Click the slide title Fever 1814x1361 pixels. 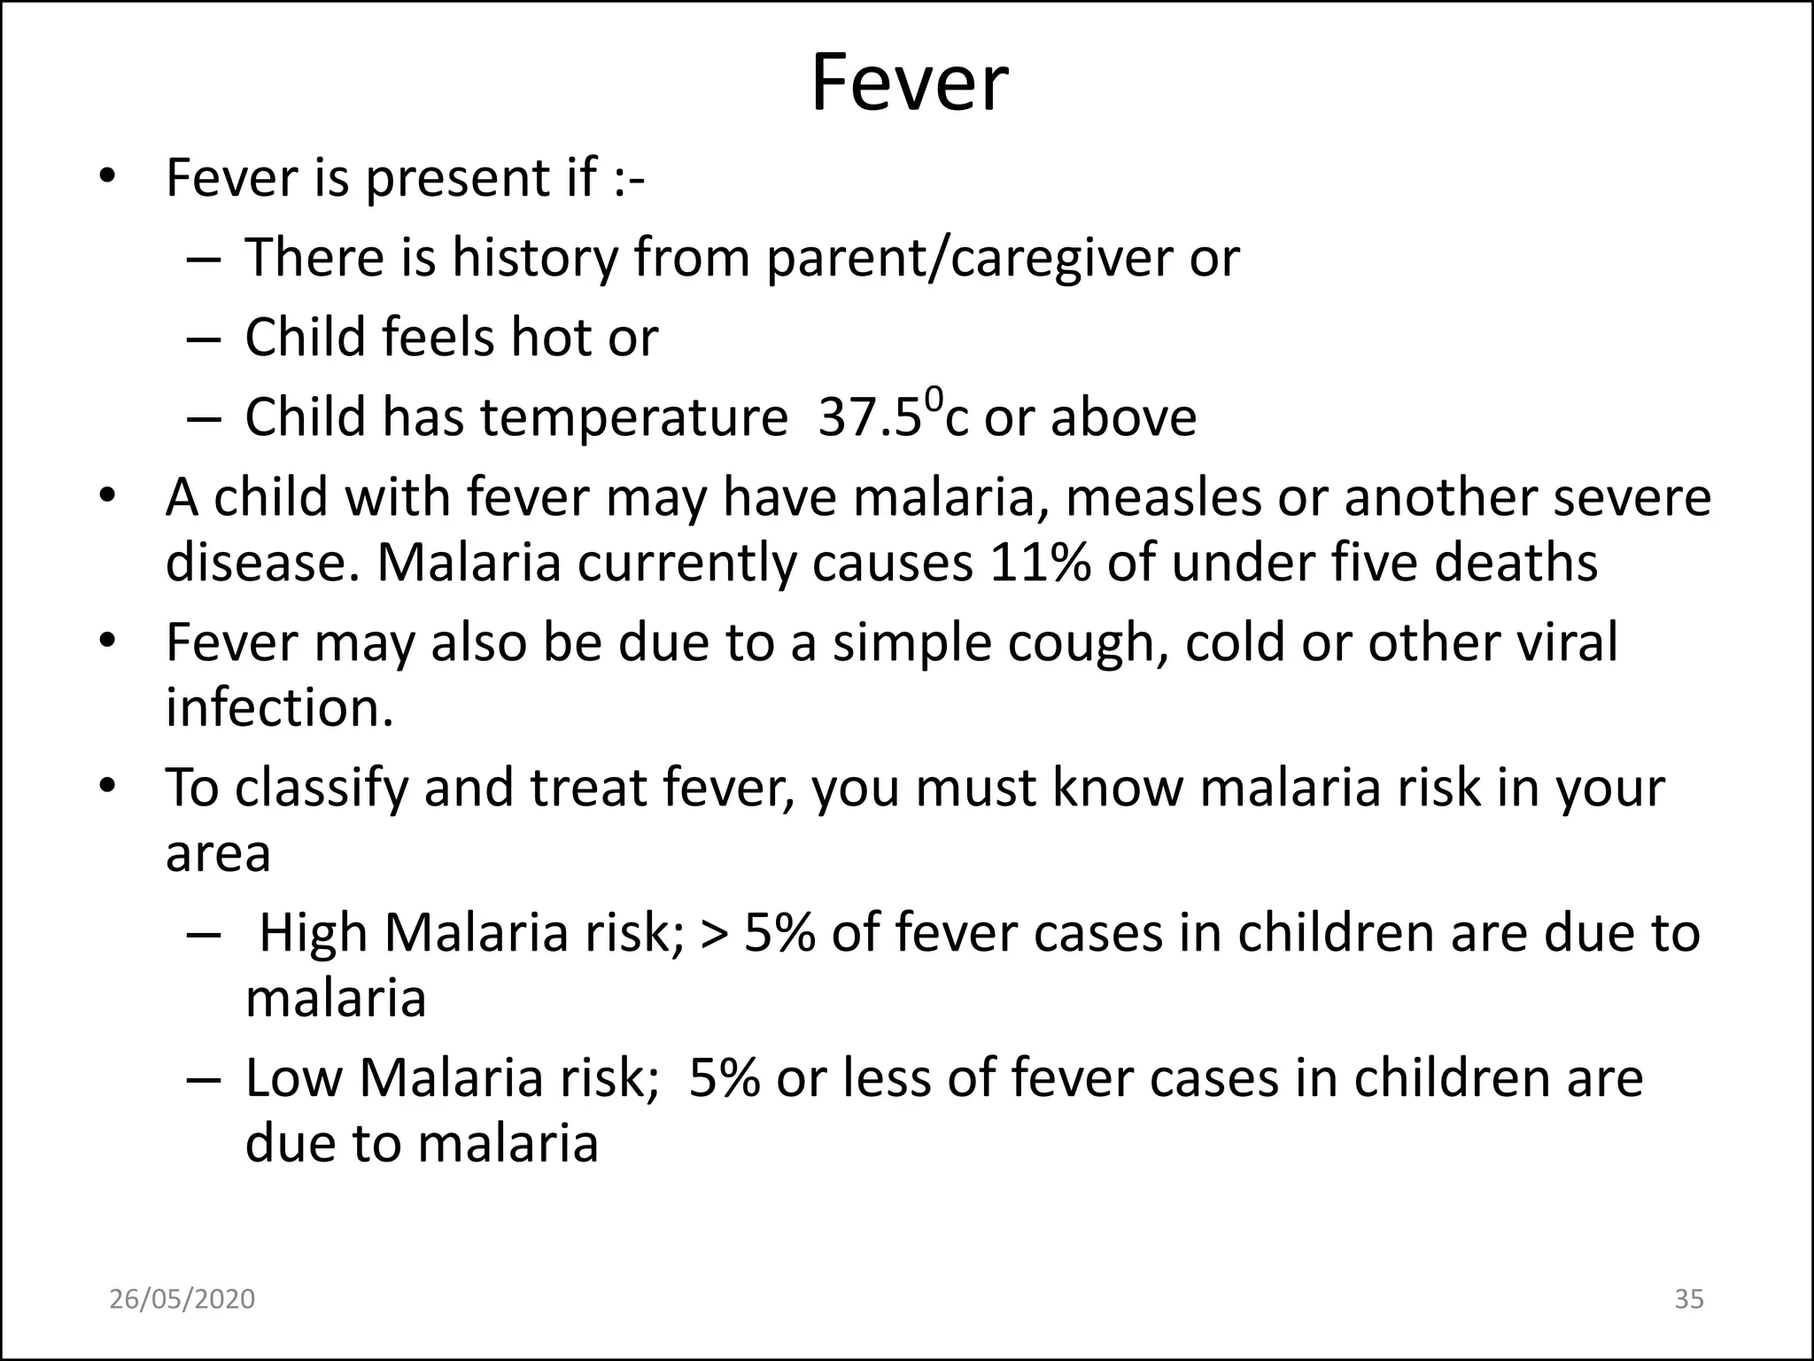(909, 84)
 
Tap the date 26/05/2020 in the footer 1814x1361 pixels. (182, 1299)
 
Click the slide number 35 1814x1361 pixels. (1689, 1299)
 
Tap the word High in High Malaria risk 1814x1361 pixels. (313, 934)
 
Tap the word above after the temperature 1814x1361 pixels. (1123, 418)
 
